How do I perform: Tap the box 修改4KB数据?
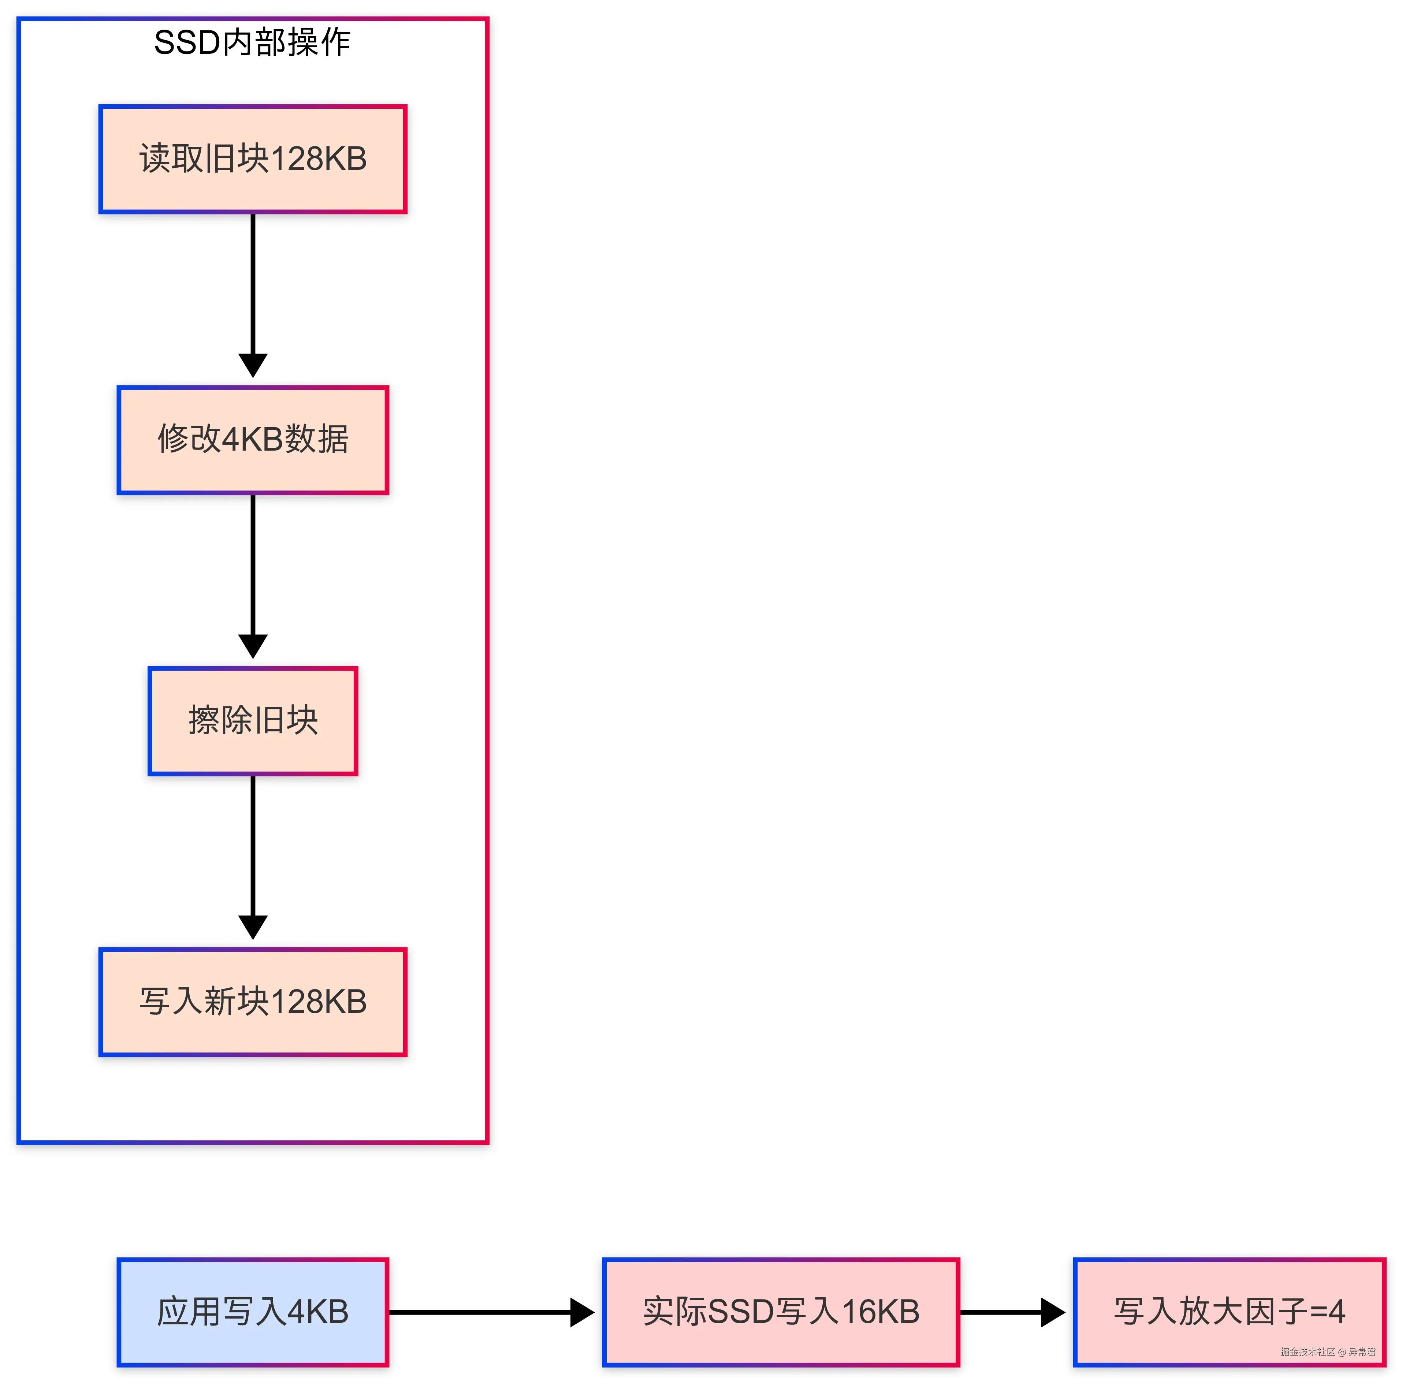point(253,440)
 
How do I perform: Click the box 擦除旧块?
point(253,720)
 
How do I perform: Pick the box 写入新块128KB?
point(253,1001)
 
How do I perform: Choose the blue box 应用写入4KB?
point(253,1312)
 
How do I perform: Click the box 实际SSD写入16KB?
point(781,1312)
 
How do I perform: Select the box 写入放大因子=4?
point(1229,1312)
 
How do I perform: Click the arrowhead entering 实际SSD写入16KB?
point(582,1312)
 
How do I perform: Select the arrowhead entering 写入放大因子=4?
point(1053,1312)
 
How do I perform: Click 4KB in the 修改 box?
point(252,440)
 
